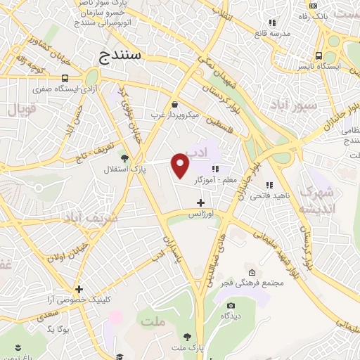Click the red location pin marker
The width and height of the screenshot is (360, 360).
pos(181,165)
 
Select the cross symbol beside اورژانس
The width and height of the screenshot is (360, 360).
pos(202,203)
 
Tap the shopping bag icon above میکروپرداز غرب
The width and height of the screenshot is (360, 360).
pos(174,104)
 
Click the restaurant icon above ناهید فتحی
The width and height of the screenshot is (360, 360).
pos(269,186)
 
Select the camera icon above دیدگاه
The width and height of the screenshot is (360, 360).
pos(231,305)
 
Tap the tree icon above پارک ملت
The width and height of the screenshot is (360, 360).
pos(187,337)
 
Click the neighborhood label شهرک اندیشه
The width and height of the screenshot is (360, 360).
pos(317,200)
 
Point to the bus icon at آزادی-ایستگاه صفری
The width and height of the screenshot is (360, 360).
pos(65,79)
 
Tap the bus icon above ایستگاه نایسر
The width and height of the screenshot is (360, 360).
pos(320,56)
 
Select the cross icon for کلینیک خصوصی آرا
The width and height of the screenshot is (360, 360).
pos(79,288)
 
